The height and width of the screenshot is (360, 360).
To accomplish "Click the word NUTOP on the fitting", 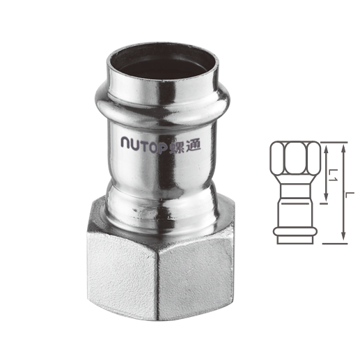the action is click(144, 145).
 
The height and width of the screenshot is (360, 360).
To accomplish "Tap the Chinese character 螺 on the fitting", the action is click(178, 146).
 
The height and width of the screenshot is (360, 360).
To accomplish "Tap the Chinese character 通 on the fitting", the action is click(194, 145).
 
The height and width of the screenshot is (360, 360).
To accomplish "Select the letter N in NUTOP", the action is click(126, 142).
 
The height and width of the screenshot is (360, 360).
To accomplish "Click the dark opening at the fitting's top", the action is click(162, 65).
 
